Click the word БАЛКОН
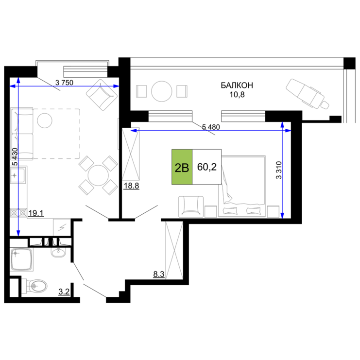click(x=237, y=85)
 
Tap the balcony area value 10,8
click(x=237, y=94)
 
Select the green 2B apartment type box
click(x=182, y=167)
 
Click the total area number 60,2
click(x=207, y=167)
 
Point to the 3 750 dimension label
click(x=64, y=83)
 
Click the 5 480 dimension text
click(x=211, y=127)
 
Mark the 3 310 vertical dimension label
click(x=278, y=170)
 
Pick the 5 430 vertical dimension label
click(x=15, y=157)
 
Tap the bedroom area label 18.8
click(x=131, y=186)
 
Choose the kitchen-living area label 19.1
click(x=36, y=213)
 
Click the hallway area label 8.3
click(x=159, y=274)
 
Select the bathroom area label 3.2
click(x=64, y=292)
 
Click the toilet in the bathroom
click(x=34, y=286)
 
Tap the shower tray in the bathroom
click(x=21, y=259)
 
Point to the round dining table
click(x=98, y=175)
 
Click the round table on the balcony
click(x=162, y=91)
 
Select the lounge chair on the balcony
click(x=307, y=94)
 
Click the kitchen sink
click(x=18, y=175)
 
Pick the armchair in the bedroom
click(x=191, y=206)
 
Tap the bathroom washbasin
click(x=58, y=252)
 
